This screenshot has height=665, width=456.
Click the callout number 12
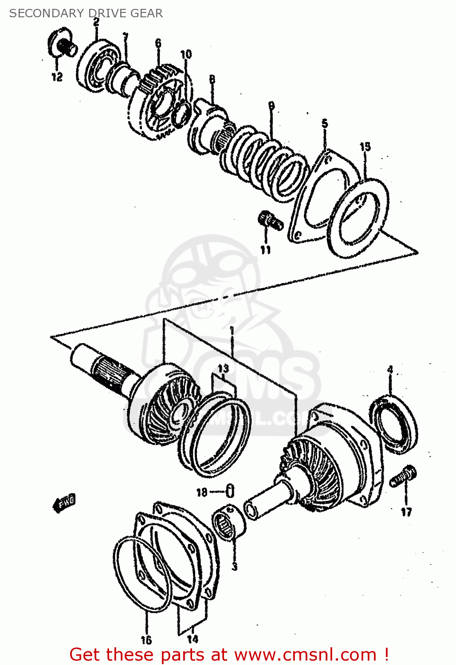[57, 77]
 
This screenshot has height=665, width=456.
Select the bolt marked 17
[404, 477]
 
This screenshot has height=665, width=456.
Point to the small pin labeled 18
[230, 491]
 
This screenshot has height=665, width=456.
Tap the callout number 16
[146, 640]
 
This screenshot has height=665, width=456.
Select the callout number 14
[192, 639]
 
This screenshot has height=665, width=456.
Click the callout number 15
[365, 147]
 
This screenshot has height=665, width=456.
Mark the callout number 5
[325, 124]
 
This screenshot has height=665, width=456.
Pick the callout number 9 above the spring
[271, 106]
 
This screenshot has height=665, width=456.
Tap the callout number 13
[223, 368]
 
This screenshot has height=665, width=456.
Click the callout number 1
[231, 330]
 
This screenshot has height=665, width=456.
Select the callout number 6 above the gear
[158, 43]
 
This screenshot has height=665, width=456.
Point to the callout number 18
[202, 492]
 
